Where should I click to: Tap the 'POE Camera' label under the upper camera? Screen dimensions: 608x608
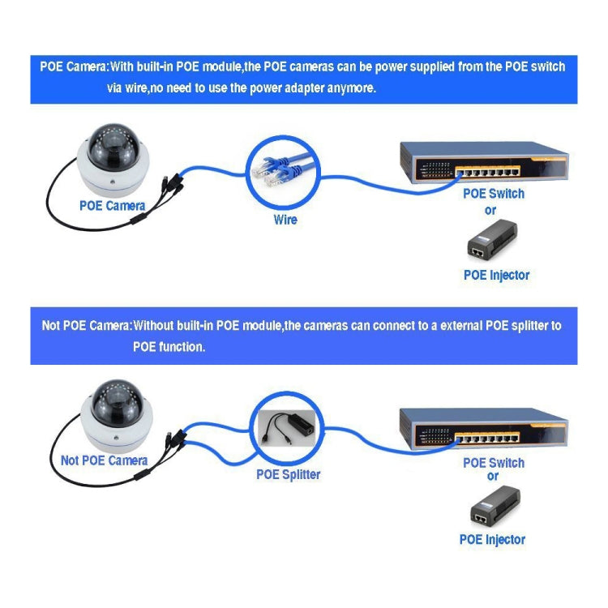[x=112, y=206]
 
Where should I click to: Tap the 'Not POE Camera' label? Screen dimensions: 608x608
[x=104, y=460]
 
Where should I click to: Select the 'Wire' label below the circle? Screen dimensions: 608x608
[x=285, y=220]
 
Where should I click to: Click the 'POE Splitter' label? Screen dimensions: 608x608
[x=288, y=474]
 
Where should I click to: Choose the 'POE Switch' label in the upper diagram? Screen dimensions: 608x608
[x=494, y=194]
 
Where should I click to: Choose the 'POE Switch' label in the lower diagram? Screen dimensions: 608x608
[x=494, y=463]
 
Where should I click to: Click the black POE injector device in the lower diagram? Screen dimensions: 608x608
[x=495, y=506]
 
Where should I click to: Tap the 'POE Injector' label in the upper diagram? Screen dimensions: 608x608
[x=496, y=275]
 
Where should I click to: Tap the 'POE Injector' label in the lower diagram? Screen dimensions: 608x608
[x=492, y=539]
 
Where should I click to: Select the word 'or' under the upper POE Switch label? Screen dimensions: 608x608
[x=490, y=210]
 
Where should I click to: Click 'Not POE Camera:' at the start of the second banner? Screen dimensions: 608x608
[x=86, y=327]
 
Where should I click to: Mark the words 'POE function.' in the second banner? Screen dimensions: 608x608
[x=169, y=346]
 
